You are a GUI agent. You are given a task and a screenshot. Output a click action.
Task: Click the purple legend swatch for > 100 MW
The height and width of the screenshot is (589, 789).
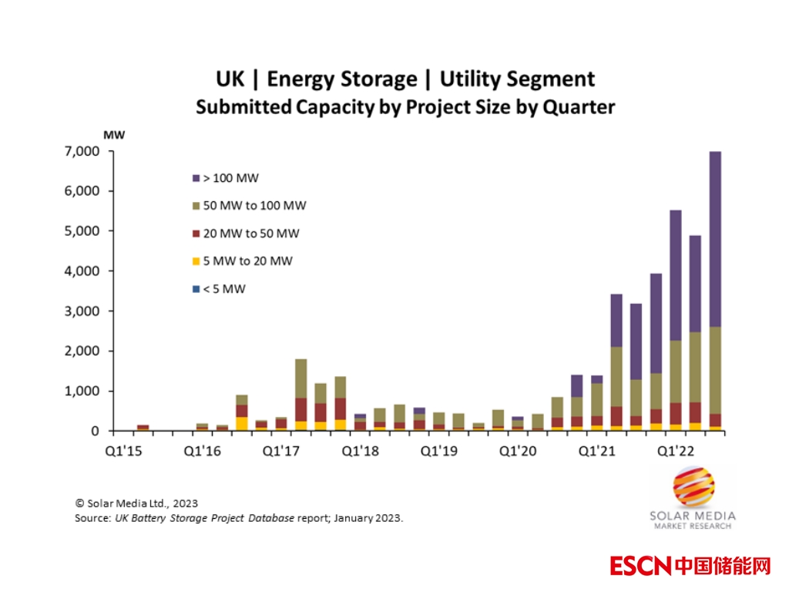click(x=196, y=178)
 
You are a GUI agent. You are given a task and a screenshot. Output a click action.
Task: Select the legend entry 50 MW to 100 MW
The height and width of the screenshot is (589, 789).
click(x=254, y=206)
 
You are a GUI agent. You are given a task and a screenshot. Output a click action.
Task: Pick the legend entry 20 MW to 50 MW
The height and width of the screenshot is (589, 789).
click(x=251, y=234)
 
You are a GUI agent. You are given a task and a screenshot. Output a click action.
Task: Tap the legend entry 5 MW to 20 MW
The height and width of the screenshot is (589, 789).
click(x=247, y=261)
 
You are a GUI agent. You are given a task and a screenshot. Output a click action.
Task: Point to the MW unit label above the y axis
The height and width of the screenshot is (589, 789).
click(x=114, y=135)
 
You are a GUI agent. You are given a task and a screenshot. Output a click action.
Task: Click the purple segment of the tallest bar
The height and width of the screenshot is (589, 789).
click(x=715, y=239)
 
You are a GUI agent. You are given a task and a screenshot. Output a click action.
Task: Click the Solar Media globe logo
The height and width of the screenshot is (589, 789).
click(x=693, y=488)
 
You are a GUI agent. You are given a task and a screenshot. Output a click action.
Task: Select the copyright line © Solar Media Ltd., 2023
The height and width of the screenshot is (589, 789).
click(x=136, y=502)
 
